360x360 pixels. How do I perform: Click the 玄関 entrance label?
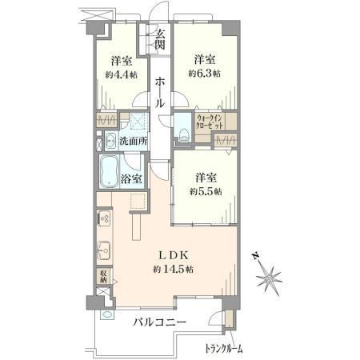(160, 38)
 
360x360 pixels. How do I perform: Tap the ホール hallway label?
(160, 92)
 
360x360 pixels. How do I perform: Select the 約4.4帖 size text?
(122, 75)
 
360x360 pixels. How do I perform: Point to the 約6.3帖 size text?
(205, 74)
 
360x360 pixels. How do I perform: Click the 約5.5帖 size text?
(206, 191)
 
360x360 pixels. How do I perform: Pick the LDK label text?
(174, 255)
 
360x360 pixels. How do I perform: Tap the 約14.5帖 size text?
(174, 270)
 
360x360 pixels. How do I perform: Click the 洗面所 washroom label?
(134, 141)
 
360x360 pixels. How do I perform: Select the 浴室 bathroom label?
(131, 178)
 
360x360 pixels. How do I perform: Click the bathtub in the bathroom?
(109, 171)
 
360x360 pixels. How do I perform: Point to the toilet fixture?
(184, 135)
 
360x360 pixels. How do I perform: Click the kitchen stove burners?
(105, 218)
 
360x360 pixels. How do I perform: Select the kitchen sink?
(104, 250)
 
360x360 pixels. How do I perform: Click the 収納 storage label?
(103, 277)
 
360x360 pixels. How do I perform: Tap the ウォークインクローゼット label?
(210, 122)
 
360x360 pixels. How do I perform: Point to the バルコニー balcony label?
(160, 322)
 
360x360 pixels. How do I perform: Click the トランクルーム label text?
(224, 348)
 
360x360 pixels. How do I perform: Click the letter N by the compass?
(255, 256)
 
